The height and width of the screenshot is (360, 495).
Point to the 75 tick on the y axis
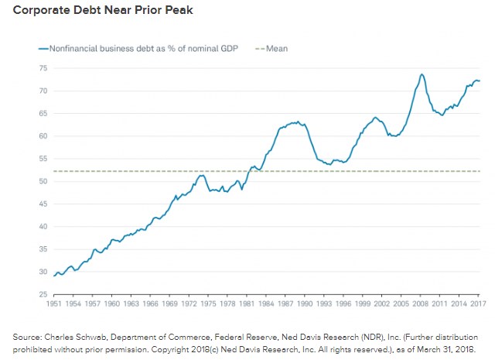43,68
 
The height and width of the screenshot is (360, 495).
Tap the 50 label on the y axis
43,181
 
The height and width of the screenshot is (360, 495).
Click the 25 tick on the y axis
43,294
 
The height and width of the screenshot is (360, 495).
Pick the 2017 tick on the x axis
476,304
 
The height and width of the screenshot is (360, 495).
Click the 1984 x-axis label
265,304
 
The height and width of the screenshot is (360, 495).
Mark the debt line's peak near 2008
422,74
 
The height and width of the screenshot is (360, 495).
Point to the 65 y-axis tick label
43,113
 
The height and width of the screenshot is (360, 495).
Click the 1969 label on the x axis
170,304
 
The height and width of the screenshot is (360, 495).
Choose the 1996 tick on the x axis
342,304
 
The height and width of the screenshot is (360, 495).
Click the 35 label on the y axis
43,249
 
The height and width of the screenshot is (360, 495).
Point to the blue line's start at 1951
54,275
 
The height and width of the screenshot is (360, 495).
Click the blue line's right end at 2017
480,81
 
